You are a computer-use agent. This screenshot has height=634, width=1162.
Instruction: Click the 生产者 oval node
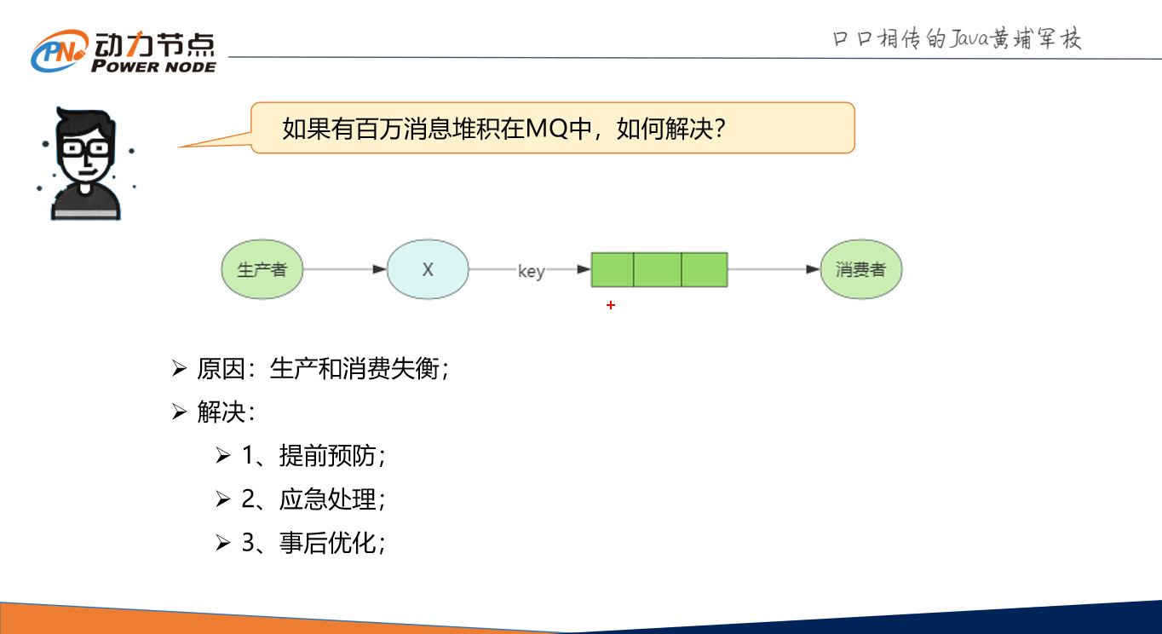(x=262, y=270)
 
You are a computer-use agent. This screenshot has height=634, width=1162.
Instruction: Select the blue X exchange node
(x=428, y=270)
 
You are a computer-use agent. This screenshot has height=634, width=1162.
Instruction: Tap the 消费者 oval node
(x=860, y=270)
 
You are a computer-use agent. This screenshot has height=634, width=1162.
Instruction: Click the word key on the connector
(x=531, y=271)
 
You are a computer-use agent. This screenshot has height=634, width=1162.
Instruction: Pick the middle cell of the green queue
(x=657, y=269)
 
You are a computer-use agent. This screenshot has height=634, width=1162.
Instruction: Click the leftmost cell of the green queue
(x=613, y=269)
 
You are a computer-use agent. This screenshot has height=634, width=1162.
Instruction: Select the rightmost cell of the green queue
(x=704, y=269)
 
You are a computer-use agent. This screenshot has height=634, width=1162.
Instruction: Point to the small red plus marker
(x=611, y=305)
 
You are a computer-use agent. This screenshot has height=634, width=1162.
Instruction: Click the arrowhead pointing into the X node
(x=379, y=270)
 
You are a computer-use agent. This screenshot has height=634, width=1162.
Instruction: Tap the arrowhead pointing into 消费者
(x=813, y=270)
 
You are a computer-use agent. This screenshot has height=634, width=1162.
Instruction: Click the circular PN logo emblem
(x=59, y=52)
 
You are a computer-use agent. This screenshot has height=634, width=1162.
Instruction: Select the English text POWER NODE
(x=153, y=66)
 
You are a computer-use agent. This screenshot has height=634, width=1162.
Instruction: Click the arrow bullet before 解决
(x=179, y=412)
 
